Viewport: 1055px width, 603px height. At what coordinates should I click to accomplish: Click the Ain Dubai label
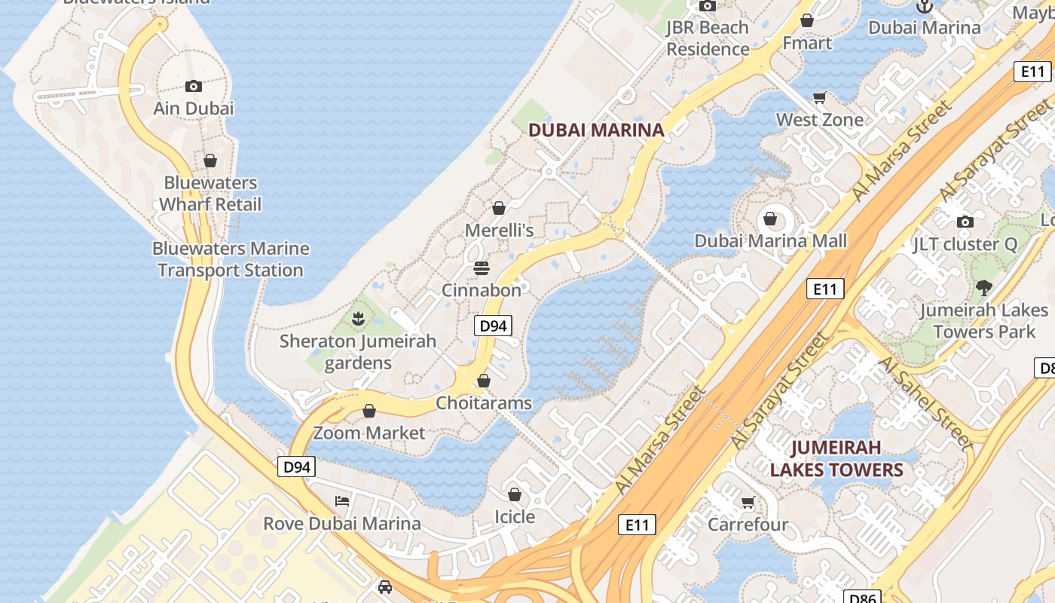click(194, 109)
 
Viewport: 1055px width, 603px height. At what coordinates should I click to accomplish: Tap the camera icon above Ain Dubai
click(194, 86)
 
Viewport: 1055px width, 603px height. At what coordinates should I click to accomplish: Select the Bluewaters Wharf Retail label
click(210, 194)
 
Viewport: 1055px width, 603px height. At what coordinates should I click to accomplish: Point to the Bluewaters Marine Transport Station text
click(231, 259)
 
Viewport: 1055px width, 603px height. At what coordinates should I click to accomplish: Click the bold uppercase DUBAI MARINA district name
click(596, 130)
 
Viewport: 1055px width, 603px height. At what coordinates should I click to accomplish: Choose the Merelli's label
click(499, 230)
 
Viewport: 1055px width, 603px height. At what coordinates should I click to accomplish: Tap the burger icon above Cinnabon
click(482, 268)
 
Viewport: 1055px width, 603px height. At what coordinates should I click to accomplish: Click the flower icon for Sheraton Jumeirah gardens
click(358, 319)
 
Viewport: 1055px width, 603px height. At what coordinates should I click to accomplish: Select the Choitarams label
click(484, 403)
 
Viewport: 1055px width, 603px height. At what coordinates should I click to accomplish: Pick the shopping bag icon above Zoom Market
click(369, 411)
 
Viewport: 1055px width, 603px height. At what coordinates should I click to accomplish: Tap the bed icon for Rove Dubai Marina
click(342, 501)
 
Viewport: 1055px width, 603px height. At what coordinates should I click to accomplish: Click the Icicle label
click(515, 517)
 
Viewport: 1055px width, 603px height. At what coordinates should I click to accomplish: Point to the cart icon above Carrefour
click(748, 502)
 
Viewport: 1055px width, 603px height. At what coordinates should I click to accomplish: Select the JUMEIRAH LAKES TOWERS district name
click(836, 459)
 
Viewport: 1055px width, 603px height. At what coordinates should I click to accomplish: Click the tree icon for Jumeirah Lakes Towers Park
click(983, 287)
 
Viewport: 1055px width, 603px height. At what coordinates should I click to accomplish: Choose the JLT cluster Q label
click(965, 244)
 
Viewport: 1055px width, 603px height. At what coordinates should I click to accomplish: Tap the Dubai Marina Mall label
click(770, 241)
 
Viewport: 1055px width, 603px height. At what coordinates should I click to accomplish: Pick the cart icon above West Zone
click(820, 97)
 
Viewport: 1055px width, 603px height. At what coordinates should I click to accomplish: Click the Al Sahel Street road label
click(926, 403)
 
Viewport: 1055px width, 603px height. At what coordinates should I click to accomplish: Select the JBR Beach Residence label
click(708, 38)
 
